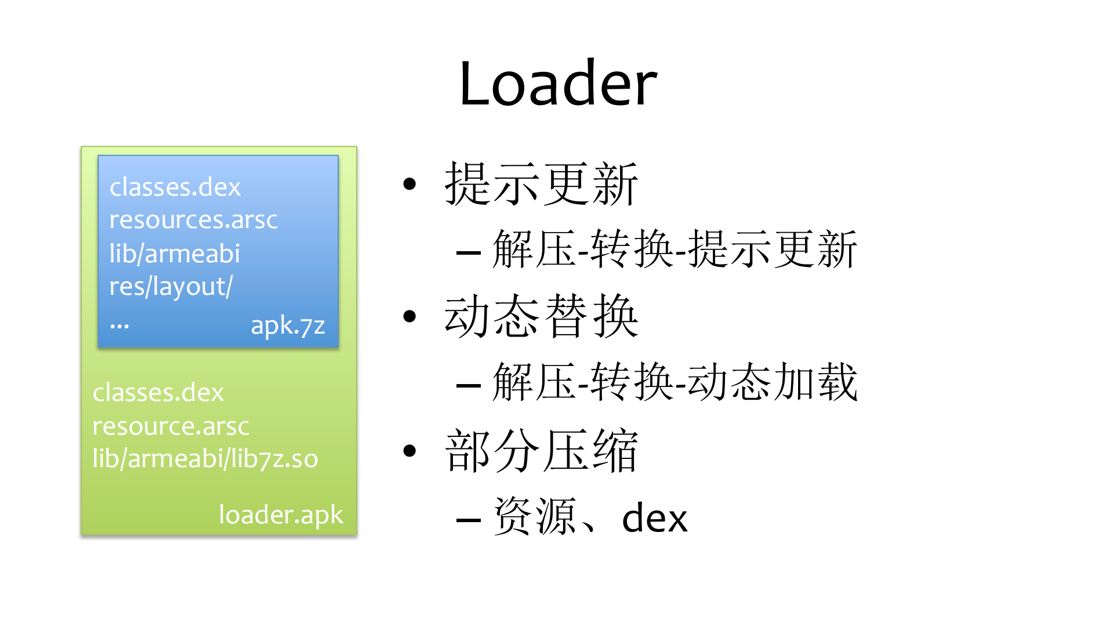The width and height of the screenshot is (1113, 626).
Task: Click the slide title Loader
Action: (558, 84)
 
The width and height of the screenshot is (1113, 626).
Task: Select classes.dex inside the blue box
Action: (175, 187)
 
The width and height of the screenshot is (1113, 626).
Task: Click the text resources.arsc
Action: (193, 220)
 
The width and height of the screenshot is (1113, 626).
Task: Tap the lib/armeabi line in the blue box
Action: (175, 254)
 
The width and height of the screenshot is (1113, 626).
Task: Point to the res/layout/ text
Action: (171, 287)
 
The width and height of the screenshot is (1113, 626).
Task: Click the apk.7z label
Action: (288, 325)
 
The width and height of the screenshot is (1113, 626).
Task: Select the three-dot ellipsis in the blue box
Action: (119, 327)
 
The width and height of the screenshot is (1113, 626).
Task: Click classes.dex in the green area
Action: (158, 393)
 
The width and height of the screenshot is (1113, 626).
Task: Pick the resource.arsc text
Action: (171, 426)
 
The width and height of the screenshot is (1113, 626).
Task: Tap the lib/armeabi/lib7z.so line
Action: (205, 459)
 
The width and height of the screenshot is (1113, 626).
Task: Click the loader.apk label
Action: (281, 515)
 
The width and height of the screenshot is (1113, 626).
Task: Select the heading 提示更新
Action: (541, 184)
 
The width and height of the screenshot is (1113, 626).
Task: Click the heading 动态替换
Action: (541, 316)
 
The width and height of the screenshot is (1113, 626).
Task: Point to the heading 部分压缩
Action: (541, 451)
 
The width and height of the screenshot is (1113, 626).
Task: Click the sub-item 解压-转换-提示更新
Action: (674, 249)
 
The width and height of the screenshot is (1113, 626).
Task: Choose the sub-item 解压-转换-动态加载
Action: (674, 382)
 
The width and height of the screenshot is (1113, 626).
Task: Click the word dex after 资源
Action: (654, 518)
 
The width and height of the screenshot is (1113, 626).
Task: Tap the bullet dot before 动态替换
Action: (410, 316)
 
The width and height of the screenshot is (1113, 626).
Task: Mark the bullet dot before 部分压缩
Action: (410, 451)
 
